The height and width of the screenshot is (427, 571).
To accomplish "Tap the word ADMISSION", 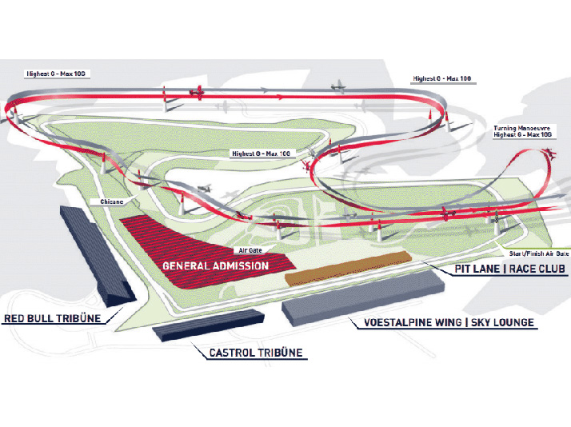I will pyautogui.click(x=241, y=265).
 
